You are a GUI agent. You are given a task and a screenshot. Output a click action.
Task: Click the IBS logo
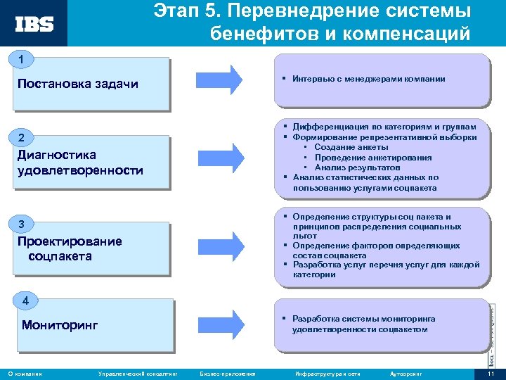34,24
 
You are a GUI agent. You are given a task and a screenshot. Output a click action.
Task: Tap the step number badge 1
22,59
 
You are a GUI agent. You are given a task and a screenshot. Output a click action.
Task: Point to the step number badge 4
25,301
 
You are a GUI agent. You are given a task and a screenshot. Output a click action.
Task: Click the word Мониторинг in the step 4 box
60,325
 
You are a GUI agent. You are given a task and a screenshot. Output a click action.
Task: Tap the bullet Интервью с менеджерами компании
369,79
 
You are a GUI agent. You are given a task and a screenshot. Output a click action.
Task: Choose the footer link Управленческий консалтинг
136,373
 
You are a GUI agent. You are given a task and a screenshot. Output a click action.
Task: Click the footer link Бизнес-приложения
228,373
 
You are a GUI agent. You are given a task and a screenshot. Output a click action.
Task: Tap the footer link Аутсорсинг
405,373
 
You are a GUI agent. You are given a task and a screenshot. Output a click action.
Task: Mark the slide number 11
491,373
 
